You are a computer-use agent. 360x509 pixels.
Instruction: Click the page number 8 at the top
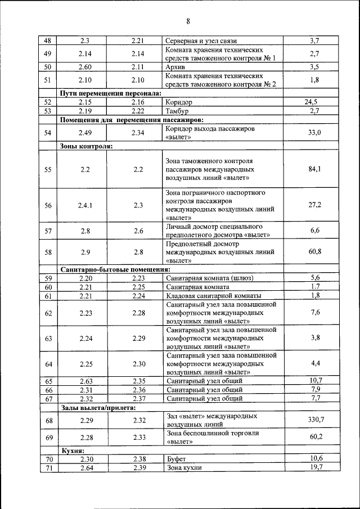[188, 22]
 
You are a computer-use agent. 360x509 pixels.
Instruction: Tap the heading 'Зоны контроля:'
[86, 146]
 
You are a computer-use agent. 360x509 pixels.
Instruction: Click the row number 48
[48, 40]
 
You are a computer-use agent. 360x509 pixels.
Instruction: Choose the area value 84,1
[315, 169]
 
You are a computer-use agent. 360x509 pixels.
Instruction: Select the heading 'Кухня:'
[73, 451]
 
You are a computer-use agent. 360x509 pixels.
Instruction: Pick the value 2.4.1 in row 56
[85, 205]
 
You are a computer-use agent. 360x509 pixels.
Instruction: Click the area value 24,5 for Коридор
[315, 102]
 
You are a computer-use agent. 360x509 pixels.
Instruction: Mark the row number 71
[48, 467]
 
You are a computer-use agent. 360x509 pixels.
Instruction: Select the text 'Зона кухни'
[184, 467]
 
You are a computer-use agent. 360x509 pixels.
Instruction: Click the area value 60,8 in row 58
[315, 253]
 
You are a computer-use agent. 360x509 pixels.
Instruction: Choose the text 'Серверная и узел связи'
[202, 40]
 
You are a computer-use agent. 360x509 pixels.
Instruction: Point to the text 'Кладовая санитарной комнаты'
[213, 296]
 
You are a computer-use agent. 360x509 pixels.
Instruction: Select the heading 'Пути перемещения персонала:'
[111, 93]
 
